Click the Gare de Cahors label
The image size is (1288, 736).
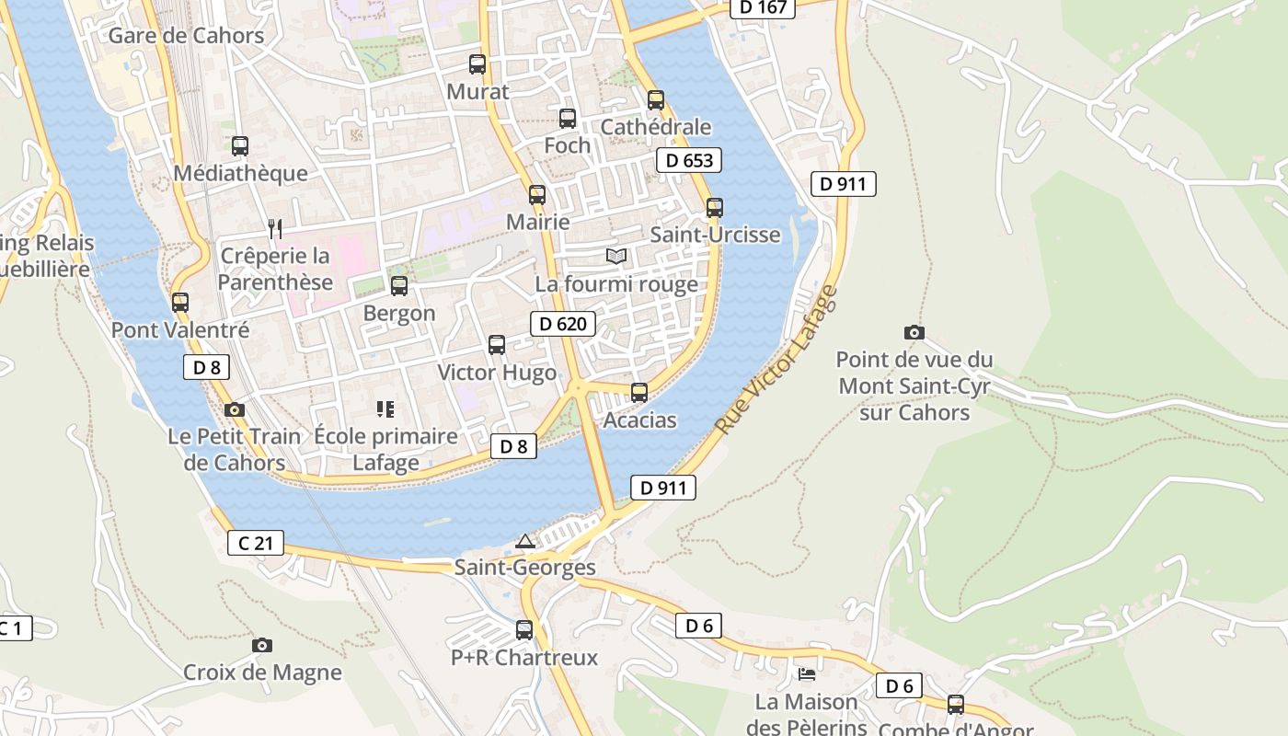click(x=186, y=36)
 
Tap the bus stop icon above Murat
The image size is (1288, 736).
click(x=477, y=64)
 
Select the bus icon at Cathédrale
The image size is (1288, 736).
click(x=655, y=100)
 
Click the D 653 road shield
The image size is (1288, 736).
click(x=688, y=160)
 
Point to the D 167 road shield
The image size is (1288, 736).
click(x=763, y=7)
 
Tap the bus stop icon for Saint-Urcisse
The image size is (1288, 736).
click(x=715, y=208)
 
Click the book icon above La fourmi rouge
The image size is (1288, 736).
click(x=615, y=257)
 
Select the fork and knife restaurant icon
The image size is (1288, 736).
click(x=275, y=228)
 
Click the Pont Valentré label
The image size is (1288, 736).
click(x=180, y=329)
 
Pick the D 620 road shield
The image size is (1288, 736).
click(x=562, y=324)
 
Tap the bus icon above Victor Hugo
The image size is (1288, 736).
click(x=497, y=345)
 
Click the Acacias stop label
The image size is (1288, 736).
click(x=639, y=420)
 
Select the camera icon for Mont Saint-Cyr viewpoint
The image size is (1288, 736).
click(x=914, y=332)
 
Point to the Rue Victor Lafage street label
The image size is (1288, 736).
click(x=777, y=361)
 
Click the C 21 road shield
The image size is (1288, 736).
click(x=255, y=543)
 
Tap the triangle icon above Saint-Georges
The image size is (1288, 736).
click(x=524, y=541)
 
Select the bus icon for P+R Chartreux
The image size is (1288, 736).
click(x=524, y=630)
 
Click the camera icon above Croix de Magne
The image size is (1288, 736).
click(x=262, y=645)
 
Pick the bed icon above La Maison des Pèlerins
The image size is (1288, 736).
click(x=807, y=674)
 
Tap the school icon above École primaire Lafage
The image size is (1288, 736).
click(x=385, y=408)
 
